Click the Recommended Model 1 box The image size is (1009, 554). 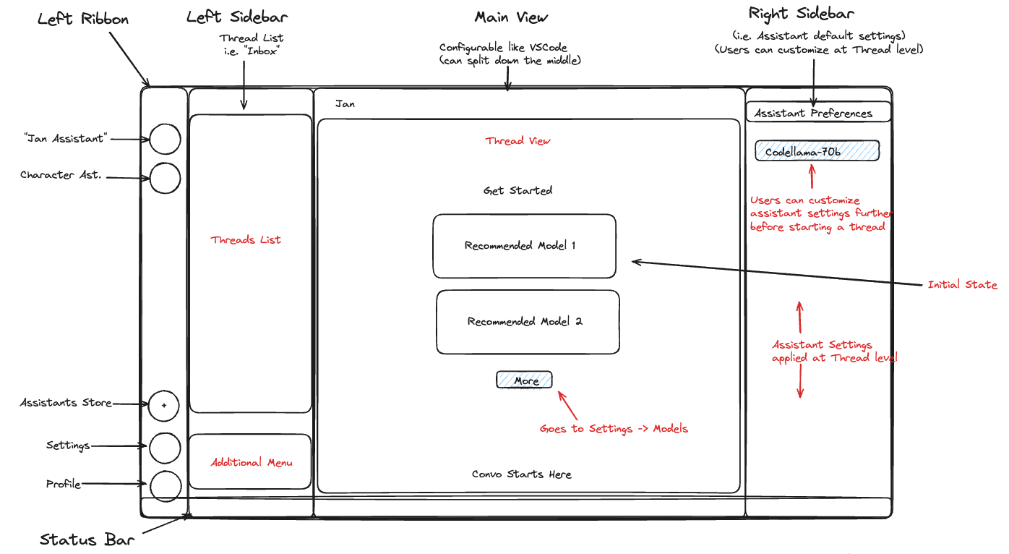(x=524, y=246)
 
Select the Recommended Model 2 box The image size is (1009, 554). (x=528, y=322)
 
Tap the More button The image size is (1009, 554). (x=524, y=380)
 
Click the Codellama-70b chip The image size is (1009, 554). (x=817, y=151)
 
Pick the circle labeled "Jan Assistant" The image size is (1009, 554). (x=165, y=139)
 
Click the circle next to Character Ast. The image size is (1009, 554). (x=165, y=178)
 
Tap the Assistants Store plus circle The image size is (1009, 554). (x=164, y=406)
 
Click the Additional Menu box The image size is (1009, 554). (x=250, y=462)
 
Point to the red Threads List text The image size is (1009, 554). (x=246, y=240)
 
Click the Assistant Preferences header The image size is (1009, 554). (x=813, y=114)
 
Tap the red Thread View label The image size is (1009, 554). (x=518, y=141)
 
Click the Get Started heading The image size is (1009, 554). (x=518, y=191)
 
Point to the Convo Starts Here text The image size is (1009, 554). (x=521, y=474)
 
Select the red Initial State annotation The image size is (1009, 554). (x=962, y=285)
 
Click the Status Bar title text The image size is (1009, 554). (x=87, y=540)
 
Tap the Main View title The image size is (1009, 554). (x=511, y=17)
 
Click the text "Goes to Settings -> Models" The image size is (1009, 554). (x=614, y=429)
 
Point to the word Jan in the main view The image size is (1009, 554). (x=345, y=104)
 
